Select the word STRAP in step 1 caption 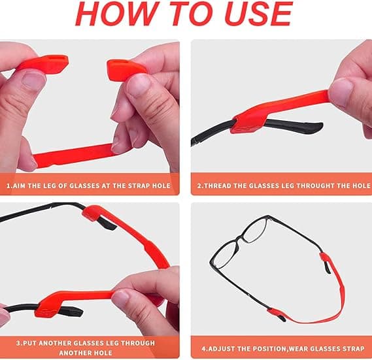139,186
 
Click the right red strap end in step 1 126,69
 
